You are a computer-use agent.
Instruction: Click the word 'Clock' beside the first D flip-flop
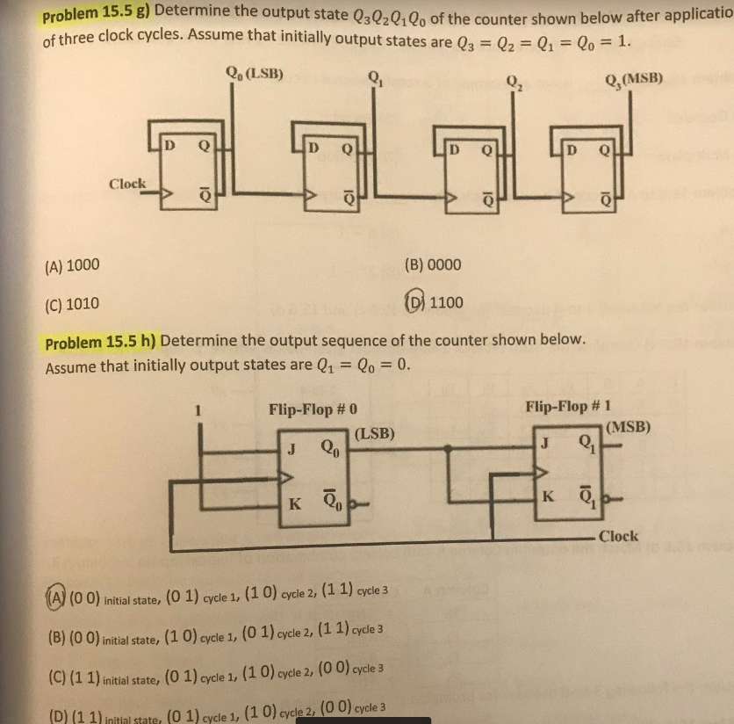click(x=127, y=184)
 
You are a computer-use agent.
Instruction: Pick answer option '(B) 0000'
click(x=433, y=264)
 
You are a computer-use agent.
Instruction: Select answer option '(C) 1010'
click(x=71, y=304)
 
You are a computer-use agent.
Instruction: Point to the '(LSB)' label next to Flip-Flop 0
click(x=375, y=432)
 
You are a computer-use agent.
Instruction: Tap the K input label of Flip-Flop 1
click(x=549, y=497)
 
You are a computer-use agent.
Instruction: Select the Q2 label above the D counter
click(x=515, y=85)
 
